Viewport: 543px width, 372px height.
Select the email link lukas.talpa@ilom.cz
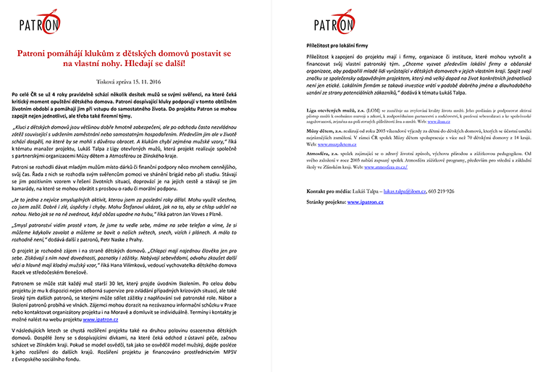[405, 210]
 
